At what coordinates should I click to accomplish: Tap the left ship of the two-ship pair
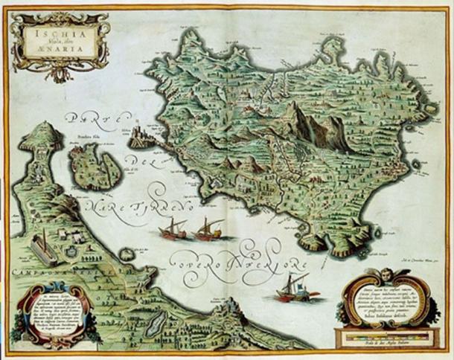[x=173, y=228]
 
